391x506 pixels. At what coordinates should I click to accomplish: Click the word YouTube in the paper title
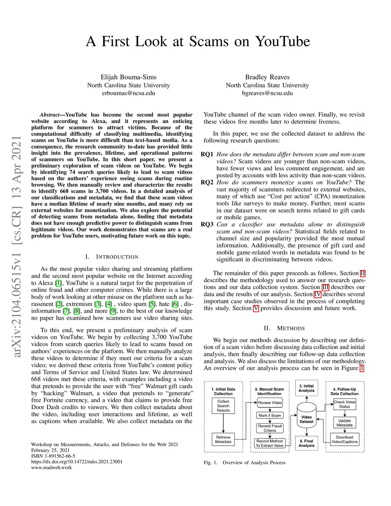[x=282, y=41]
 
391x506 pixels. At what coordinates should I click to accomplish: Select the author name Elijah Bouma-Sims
[x=128, y=77]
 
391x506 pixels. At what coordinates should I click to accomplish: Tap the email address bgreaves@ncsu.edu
[x=267, y=93]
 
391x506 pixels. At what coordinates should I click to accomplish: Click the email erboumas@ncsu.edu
[x=128, y=93]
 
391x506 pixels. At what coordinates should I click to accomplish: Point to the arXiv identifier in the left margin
[x=16, y=246]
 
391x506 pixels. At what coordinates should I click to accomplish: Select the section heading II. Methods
[x=284, y=328]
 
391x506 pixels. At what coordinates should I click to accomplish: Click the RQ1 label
[x=207, y=154]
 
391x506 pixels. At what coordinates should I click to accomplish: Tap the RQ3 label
[x=207, y=225]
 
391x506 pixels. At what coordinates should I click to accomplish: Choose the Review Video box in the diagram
[x=270, y=403]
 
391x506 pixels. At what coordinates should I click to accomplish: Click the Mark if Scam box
[x=270, y=415]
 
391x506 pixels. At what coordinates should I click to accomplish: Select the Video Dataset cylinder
[x=306, y=419]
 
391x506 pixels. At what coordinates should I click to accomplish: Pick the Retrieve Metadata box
[x=223, y=440]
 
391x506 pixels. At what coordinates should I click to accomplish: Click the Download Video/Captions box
[x=344, y=440]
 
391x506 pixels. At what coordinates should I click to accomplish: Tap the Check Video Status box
[x=344, y=404]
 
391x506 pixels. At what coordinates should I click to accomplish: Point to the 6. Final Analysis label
[x=306, y=443]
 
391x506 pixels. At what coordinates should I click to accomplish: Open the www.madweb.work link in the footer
[x=51, y=467]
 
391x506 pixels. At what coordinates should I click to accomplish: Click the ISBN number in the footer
[x=53, y=456]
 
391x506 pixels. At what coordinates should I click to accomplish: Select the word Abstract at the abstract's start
[x=50, y=115]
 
